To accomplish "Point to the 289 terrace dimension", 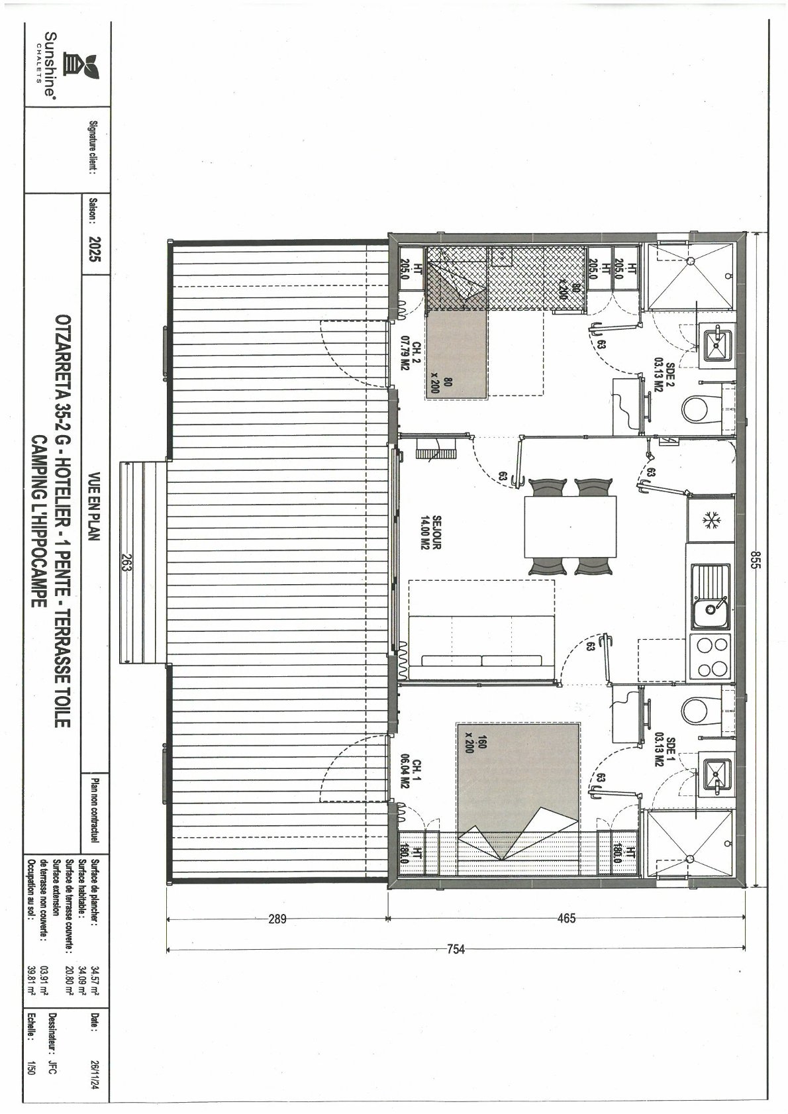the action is (277, 919).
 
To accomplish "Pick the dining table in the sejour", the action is (571, 527).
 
